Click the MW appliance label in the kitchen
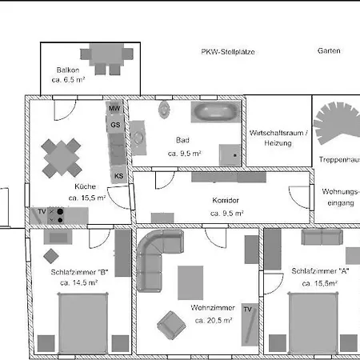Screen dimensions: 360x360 (x=114, y=108)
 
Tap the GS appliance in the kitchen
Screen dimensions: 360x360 (x=115, y=125)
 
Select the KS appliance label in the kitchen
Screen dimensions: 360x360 (x=118, y=176)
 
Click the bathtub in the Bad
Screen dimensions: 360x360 (x=216, y=112)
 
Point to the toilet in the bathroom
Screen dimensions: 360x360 (x=164, y=110)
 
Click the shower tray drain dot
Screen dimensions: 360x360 (x=235, y=155)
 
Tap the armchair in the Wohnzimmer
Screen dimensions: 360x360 (x=171, y=325)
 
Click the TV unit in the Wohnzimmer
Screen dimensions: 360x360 (x=250, y=325)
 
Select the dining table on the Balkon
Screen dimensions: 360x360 (x=106, y=54)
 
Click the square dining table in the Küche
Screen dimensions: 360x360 (x=62, y=158)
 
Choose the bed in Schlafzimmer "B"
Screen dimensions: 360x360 (x=83, y=323)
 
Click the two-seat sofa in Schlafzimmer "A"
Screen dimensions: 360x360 (x=322, y=237)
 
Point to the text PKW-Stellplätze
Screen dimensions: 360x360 (x=228, y=52)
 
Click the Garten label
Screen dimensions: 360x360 (x=329, y=50)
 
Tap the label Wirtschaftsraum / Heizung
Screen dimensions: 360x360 (x=278, y=138)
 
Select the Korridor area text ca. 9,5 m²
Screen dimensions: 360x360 (x=227, y=214)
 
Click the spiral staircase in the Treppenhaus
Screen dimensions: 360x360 (x=338, y=122)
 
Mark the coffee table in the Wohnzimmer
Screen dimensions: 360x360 (x=190, y=282)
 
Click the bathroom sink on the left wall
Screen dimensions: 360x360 (x=138, y=138)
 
